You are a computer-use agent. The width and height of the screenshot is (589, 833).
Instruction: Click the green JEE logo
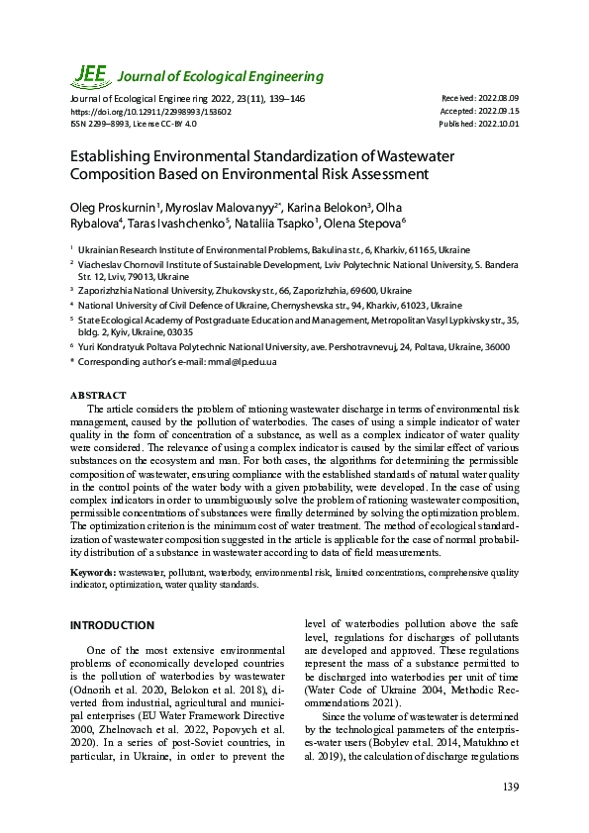[x=89, y=75]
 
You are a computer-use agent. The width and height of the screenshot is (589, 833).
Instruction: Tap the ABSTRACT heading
[x=98, y=395]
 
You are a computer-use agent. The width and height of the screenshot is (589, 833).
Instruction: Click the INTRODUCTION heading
[x=112, y=625]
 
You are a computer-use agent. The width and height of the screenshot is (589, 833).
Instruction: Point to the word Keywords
[x=92, y=573]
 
